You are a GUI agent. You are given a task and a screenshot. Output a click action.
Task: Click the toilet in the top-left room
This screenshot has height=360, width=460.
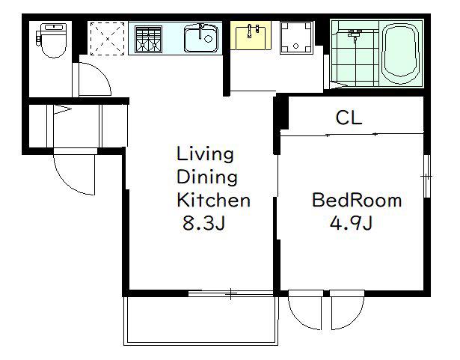(x=52, y=40)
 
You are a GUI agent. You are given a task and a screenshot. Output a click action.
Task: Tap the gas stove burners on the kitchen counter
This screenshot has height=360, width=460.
(x=148, y=40)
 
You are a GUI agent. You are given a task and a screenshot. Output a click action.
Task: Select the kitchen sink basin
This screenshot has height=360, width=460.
(x=201, y=38)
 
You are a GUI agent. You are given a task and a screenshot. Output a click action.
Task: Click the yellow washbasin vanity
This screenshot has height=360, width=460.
(x=251, y=35)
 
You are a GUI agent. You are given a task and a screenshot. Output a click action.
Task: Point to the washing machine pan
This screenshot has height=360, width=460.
(x=295, y=37)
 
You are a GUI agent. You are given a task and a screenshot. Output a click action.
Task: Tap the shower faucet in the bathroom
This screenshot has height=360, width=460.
(x=355, y=34)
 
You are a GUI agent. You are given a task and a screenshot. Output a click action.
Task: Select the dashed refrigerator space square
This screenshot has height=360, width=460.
(x=108, y=38)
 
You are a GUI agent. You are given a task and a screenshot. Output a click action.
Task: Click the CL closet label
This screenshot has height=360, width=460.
(x=349, y=118)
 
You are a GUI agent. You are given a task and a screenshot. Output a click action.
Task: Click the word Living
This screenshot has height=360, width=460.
(x=205, y=154)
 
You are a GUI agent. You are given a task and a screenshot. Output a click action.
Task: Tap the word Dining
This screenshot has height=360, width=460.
(x=207, y=177)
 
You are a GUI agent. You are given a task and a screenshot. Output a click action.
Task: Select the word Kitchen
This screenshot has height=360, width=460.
(x=214, y=201)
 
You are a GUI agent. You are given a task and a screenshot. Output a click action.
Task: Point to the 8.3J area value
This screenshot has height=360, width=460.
(x=203, y=223)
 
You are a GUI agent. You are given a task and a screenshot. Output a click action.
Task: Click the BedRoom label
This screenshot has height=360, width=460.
(x=357, y=201)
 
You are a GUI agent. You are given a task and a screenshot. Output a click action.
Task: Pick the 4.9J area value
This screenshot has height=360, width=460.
(x=351, y=223)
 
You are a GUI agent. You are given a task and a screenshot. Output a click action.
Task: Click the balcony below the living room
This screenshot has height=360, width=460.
(x=200, y=320)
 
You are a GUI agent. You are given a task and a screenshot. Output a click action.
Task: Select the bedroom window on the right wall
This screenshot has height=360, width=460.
(x=427, y=176)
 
